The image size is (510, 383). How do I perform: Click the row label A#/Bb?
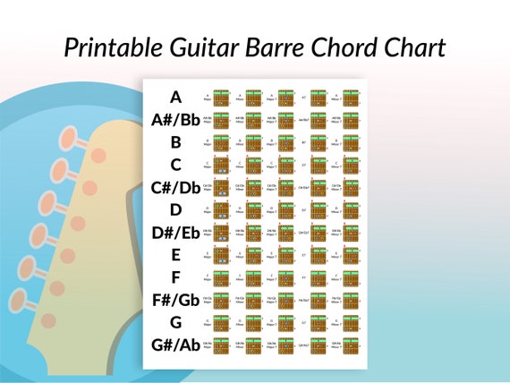click(x=175, y=120)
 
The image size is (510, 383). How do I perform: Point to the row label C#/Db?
click(x=175, y=187)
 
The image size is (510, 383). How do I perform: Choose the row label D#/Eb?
click(x=175, y=233)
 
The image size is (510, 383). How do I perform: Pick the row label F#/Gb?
click(x=175, y=300)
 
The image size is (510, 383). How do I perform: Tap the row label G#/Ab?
click(x=175, y=345)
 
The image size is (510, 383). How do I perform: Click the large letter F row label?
click(x=175, y=277)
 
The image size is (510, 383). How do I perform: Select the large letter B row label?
click(x=175, y=142)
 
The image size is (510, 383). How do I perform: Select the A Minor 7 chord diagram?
click(x=350, y=97)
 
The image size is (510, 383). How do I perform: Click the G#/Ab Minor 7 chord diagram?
click(x=350, y=345)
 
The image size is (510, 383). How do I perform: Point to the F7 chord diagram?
click(x=318, y=277)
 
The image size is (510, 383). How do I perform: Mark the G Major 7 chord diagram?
click(x=285, y=322)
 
